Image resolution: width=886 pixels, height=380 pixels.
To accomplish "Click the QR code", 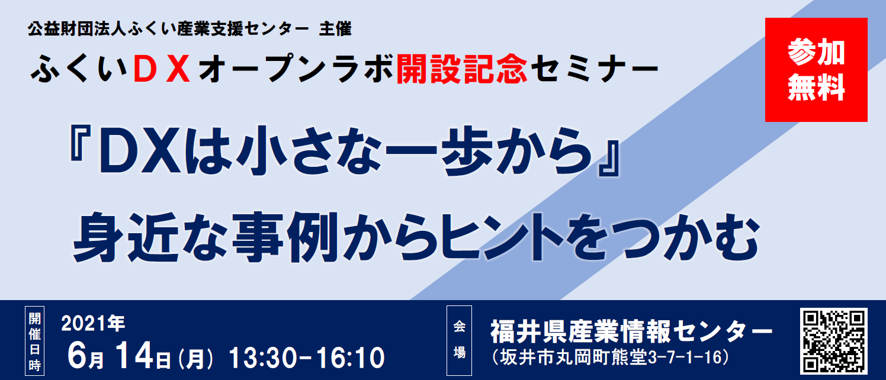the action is (833, 341).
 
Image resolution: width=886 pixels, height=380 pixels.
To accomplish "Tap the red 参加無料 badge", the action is (816, 70).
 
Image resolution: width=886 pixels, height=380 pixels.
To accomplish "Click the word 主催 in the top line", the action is (335, 29).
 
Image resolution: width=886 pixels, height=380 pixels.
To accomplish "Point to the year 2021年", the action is (93, 323).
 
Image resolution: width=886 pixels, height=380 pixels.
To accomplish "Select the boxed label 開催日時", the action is (34, 341).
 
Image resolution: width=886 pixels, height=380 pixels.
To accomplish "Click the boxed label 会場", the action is (459, 340).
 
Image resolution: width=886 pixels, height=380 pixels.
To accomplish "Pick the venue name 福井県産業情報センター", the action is (631, 331).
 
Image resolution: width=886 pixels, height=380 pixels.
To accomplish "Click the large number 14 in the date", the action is (134, 356).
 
